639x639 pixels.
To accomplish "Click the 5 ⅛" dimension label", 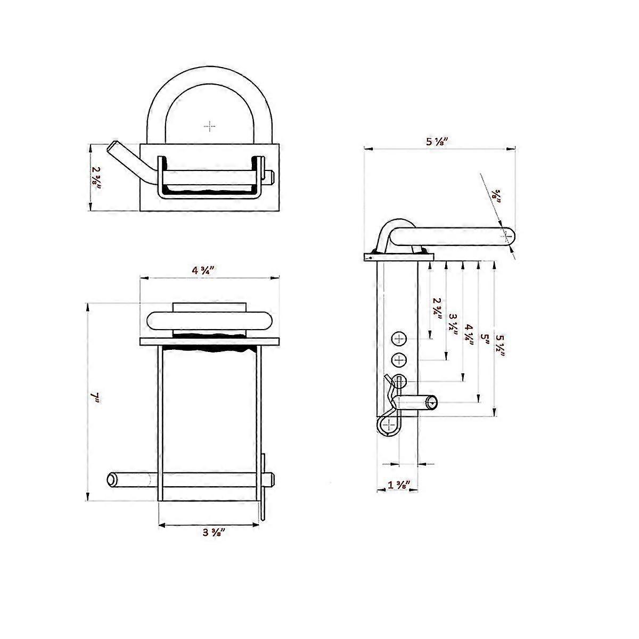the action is [437, 142].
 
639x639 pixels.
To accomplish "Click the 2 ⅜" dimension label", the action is [96, 178].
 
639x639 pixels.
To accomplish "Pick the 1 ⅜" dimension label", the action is [399, 485].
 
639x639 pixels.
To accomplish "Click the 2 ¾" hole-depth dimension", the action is [438, 308].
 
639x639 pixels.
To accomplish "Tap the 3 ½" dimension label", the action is [453, 325].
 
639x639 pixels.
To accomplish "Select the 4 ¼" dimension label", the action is [469, 335].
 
